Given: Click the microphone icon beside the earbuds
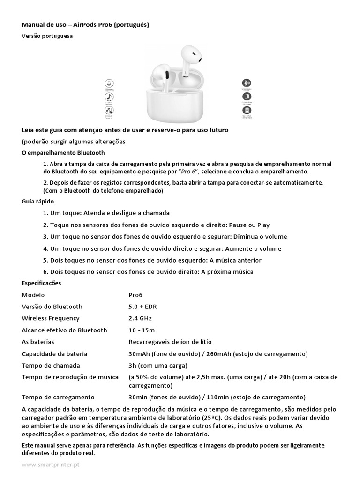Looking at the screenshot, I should point(109,82).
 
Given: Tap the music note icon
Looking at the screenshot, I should point(109,97).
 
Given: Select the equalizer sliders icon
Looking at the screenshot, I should point(109,111).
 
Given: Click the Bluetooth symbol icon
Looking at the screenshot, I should point(246,82).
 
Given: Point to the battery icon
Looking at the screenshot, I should point(246,97).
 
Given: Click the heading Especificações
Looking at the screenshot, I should point(41,283).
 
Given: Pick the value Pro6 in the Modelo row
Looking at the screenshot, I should point(135,295).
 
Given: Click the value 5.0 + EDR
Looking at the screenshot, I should point(142,307).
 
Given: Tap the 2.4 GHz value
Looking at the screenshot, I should point(140,318).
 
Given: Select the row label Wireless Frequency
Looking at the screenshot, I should point(51,318).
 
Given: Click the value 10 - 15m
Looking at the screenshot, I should point(142,330).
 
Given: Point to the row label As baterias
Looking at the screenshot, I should point(38,342).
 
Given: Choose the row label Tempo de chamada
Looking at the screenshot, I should point(51,365).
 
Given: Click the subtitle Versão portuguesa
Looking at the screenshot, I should point(47,36).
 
